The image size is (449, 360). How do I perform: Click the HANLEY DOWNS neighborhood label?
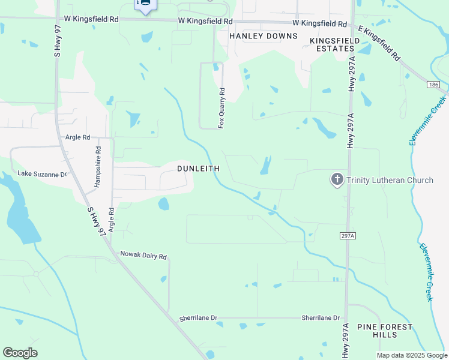click(264, 36)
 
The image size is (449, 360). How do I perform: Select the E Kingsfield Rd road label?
click(379, 44)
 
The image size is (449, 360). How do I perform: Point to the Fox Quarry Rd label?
click(221, 108)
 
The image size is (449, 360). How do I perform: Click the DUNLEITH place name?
click(198, 169)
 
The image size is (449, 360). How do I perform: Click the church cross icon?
click(337, 179)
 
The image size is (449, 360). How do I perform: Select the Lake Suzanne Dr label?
click(41, 174)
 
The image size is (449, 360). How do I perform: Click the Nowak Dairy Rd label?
click(143, 256)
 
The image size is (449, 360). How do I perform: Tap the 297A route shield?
click(348, 236)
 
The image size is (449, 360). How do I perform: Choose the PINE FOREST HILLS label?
click(385, 331)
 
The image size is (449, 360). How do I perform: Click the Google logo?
click(20, 353)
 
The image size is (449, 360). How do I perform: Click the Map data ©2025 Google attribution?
click(412, 355)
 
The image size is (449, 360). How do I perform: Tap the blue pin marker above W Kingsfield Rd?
click(145, 5)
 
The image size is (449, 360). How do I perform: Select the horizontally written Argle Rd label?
click(77, 137)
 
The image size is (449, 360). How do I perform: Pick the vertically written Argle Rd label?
click(111, 221)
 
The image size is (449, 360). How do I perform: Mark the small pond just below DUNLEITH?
click(163, 204)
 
